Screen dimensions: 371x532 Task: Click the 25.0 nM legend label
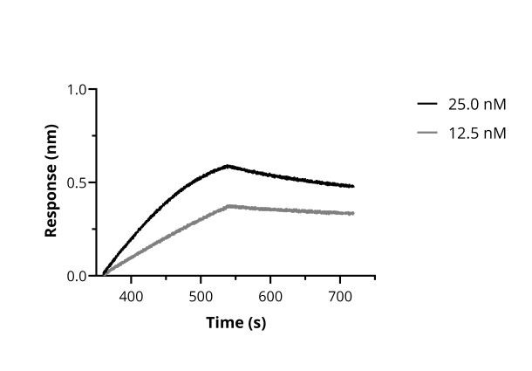click(476, 105)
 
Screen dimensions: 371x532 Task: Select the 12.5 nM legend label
click(476, 133)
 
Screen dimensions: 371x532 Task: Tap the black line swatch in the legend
click(427, 105)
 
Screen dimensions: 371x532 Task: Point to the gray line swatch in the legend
click(427, 133)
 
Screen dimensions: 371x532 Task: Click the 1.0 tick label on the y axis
click(78, 90)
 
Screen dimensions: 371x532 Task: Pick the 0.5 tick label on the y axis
click(78, 183)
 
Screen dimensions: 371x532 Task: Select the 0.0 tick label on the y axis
click(78, 276)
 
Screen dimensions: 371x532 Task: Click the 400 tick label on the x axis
click(132, 296)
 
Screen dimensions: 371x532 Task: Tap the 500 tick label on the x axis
click(201, 296)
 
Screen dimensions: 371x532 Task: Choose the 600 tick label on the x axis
click(270, 296)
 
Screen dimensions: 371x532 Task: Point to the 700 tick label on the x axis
click(340, 296)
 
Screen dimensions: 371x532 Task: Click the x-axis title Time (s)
click(235, 323)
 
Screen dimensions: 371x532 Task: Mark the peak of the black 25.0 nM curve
click(228, 165)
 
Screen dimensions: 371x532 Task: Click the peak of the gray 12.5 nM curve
click(228, 206)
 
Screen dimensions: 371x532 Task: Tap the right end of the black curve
click(353, 186)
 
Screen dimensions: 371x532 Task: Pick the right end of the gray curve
click(353, 213)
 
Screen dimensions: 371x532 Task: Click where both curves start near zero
click(104, 274)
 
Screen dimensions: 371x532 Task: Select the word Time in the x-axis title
click(225, 323)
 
